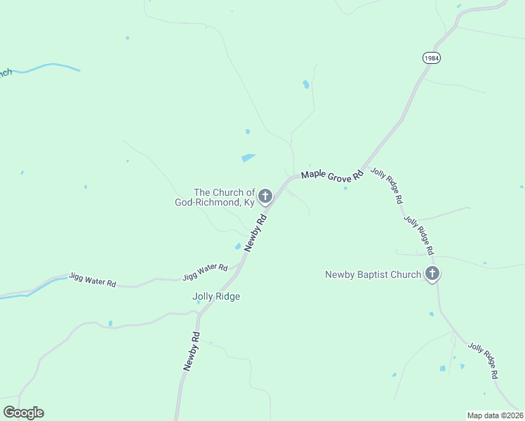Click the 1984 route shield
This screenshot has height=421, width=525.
432,58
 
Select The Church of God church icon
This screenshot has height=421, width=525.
265,196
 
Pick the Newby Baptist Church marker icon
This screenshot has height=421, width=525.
432,274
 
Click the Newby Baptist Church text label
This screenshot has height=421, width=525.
373,274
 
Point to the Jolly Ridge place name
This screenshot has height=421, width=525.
216,297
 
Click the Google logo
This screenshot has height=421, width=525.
23,413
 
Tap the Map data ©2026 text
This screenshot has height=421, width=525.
495,415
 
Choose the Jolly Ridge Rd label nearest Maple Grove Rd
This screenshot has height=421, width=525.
387,186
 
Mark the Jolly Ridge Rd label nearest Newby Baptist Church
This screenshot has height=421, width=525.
419,234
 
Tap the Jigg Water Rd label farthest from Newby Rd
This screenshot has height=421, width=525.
92,280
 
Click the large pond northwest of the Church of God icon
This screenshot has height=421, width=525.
248,158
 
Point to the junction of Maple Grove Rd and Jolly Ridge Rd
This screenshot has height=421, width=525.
364,169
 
